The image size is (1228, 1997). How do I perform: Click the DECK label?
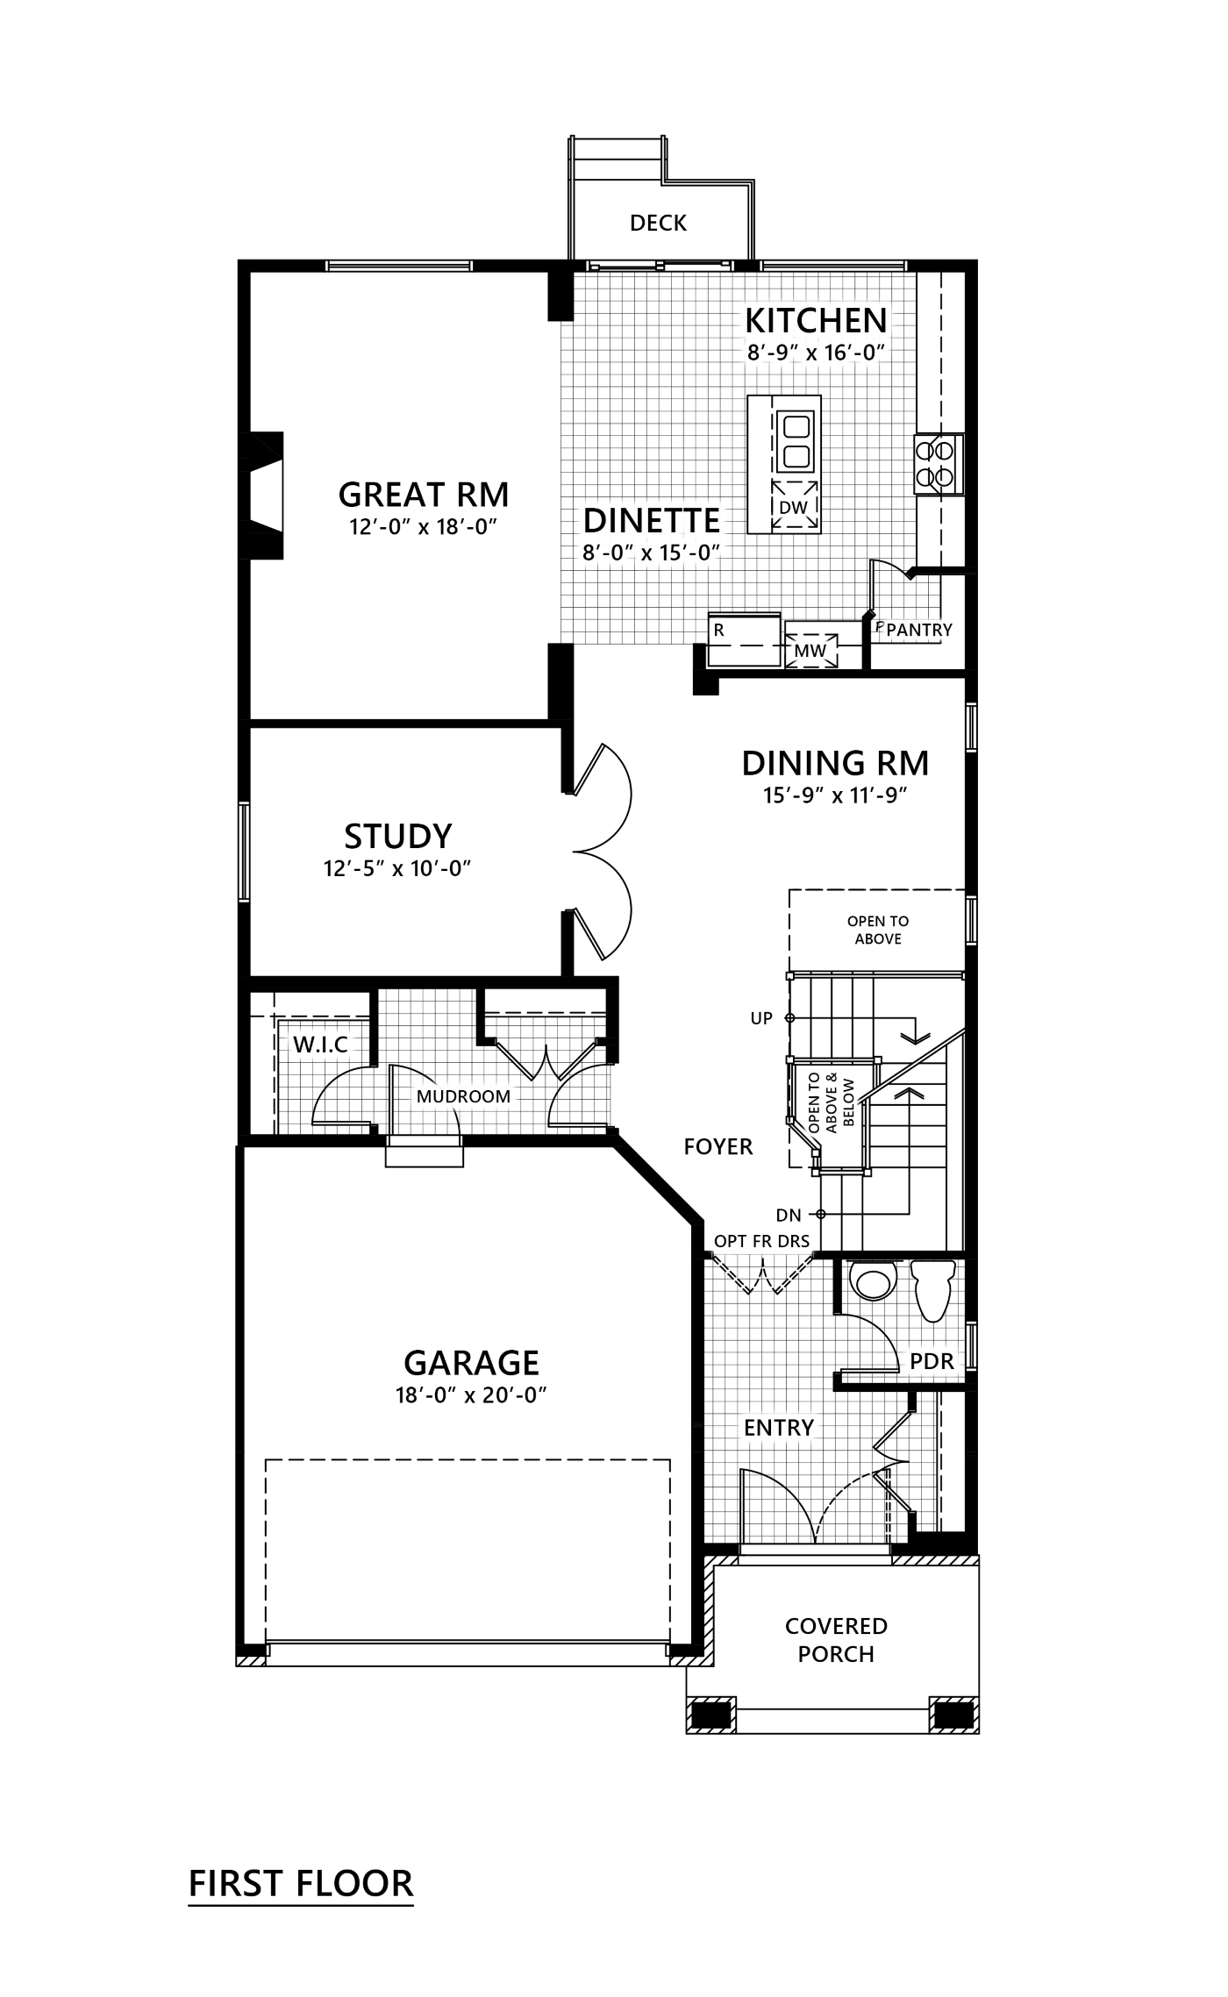tap(658, 223)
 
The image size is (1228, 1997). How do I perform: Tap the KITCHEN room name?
tap(815, 321)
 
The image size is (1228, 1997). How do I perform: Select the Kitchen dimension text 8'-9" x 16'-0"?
tap(815, 353)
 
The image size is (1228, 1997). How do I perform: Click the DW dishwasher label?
tap(792, 507)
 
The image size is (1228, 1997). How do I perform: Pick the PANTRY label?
tap(918, 630)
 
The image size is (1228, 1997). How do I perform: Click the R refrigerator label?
tap(718, 630)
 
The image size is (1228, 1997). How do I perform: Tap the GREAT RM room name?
tap(424, 495)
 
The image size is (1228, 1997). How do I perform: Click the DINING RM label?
tap(834, 763)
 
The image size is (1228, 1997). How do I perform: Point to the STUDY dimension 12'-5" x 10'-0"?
tap(398, 867)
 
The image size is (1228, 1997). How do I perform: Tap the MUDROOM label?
tap(463, 1096)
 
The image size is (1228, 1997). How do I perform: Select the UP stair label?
tap(760, 1018)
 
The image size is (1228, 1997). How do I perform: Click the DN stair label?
tap(789, 1215)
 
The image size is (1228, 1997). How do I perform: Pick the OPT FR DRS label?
tap(761, 1240)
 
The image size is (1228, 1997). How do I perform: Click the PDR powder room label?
tap(931, 1362)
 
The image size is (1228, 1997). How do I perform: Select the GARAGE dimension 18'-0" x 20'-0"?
tap(472, 1395)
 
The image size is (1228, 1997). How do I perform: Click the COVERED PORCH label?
tap(836, 1639)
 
